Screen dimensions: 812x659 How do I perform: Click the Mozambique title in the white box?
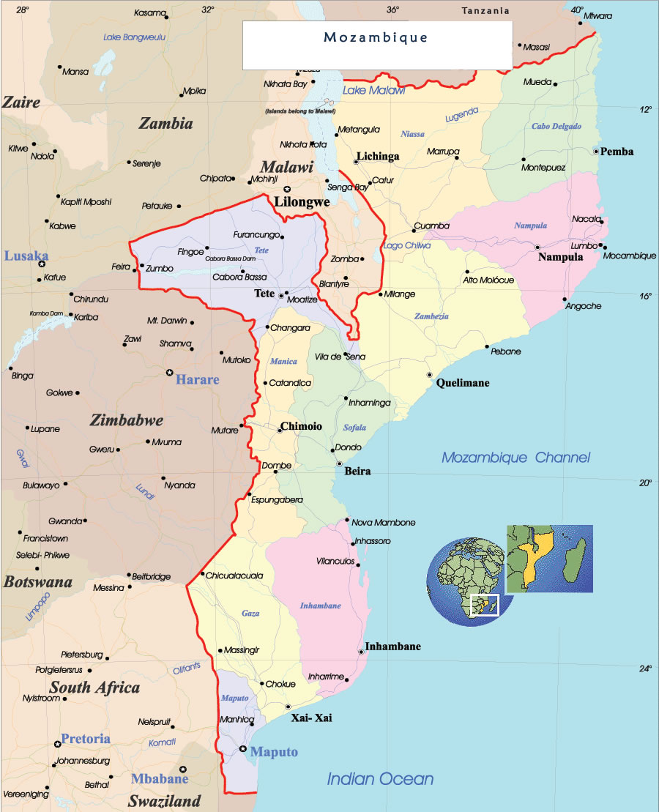coord(376,37)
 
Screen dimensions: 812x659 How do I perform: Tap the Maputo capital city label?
coord(274,752)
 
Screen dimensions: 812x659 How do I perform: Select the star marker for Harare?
coord(170,373)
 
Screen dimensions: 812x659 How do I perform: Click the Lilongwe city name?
coord(302,201)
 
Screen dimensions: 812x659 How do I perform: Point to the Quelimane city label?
coord(463,383)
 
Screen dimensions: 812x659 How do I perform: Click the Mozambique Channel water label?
coord(515,458)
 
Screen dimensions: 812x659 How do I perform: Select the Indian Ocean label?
coord(380,779)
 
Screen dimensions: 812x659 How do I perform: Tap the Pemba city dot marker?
coord(596,151)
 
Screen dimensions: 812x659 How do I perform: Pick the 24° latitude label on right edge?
coord(644,668)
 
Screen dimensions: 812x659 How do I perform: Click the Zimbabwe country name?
coord(127,420)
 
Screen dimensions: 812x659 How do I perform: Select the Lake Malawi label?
coord(373,90)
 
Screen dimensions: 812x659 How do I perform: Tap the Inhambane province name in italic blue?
coord(320,606)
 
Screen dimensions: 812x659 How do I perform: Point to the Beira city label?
coord(357,471)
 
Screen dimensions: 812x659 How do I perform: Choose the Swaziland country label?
coord(165,801)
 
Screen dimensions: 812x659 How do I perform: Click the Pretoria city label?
coord(86,738)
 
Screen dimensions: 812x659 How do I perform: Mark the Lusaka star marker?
coord(42,264)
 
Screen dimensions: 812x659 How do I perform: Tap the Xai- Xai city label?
coord(311,718)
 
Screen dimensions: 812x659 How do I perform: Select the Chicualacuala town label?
coord(234,576)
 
